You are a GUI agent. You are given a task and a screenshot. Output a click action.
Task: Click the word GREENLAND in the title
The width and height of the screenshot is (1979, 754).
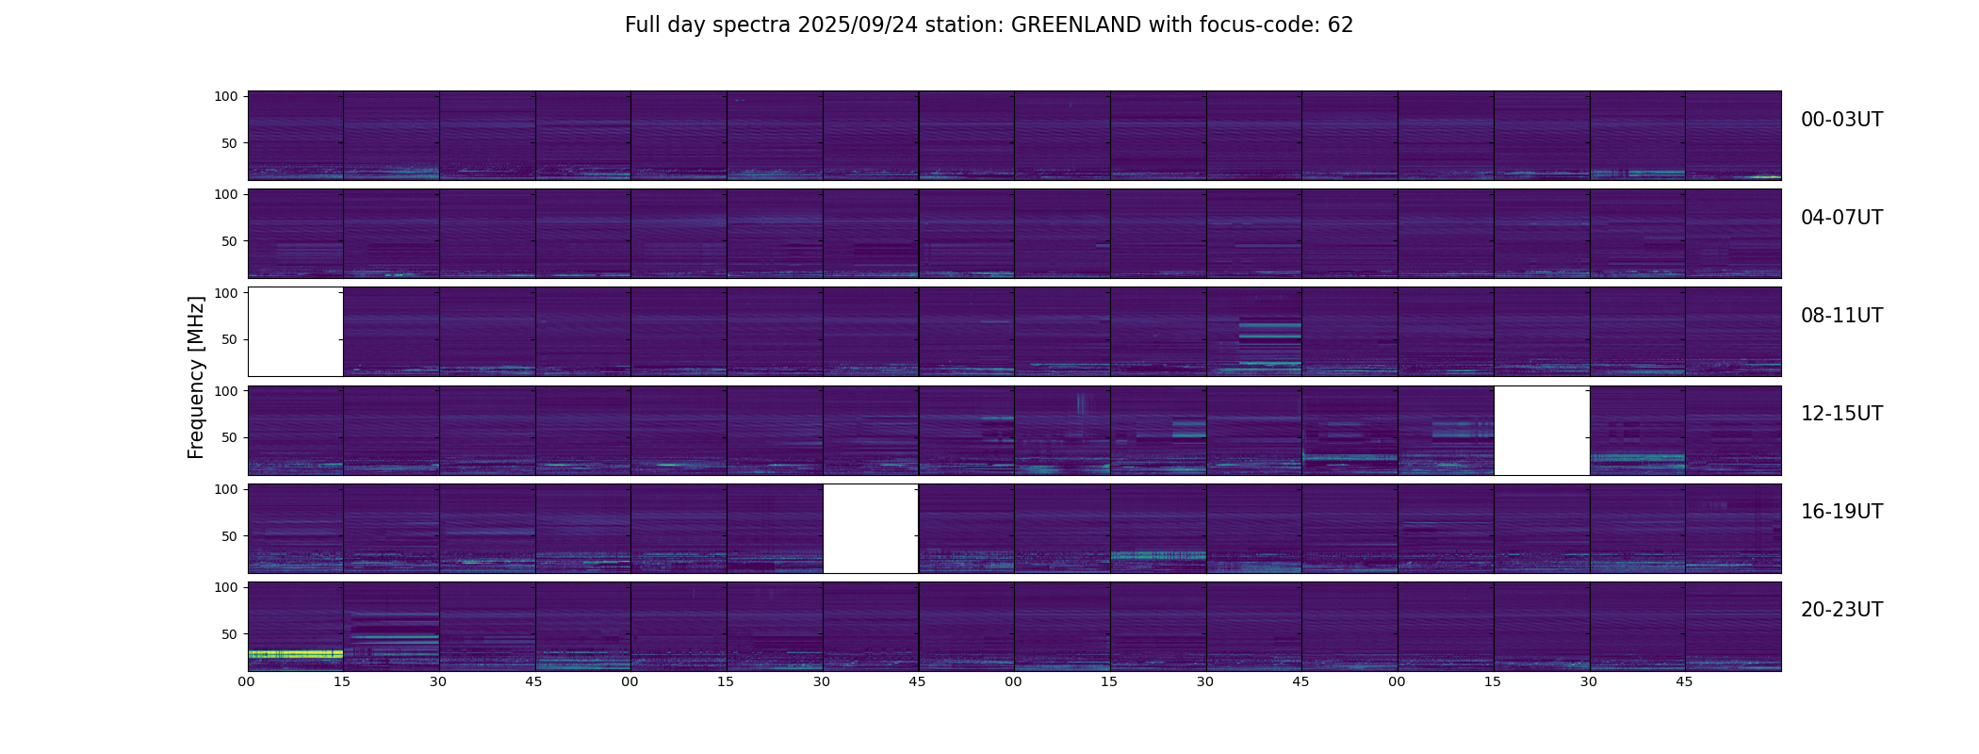point(1075,25)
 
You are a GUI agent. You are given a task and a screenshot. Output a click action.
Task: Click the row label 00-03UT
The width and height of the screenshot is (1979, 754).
point(1841,120)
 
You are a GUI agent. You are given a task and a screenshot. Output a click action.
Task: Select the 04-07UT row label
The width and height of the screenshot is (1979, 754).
point(1841,218)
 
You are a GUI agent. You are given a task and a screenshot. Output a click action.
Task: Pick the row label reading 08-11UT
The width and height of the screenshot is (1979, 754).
point(1841,316)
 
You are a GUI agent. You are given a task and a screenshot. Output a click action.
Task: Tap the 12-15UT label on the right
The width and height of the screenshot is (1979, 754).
point(1841,414)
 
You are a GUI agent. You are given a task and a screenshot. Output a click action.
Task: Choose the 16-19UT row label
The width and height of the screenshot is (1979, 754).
point(1841,512)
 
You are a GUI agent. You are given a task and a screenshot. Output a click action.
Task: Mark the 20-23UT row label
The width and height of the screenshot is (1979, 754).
point(1841,610)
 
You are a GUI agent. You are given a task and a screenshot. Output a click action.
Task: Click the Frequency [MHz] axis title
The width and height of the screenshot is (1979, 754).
point(196,377)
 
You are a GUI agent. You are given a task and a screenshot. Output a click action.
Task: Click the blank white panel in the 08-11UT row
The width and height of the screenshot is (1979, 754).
point(295,332)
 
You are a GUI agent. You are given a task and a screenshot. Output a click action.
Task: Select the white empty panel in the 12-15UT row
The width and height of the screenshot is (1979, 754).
point(1542,430)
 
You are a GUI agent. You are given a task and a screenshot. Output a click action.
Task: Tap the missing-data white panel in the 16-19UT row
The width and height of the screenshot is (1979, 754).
point(871,528)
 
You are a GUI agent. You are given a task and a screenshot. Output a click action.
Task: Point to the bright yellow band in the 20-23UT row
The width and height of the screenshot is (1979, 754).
point(295,653)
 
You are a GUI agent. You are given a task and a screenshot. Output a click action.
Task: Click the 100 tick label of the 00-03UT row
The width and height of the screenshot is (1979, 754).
point(226,96)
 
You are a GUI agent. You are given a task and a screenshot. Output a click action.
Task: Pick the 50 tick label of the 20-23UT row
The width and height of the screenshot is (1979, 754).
point(230,634)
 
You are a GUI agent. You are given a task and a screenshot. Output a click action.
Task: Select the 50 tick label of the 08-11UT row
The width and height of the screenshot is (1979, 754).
point(230,340)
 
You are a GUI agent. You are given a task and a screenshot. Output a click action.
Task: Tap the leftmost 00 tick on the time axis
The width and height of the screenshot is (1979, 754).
point(247,681)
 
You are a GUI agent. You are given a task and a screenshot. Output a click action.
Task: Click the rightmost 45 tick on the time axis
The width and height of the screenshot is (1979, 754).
point(1685,681)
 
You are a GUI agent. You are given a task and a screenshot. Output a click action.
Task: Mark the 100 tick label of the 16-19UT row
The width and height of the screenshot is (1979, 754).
point(226,489)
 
